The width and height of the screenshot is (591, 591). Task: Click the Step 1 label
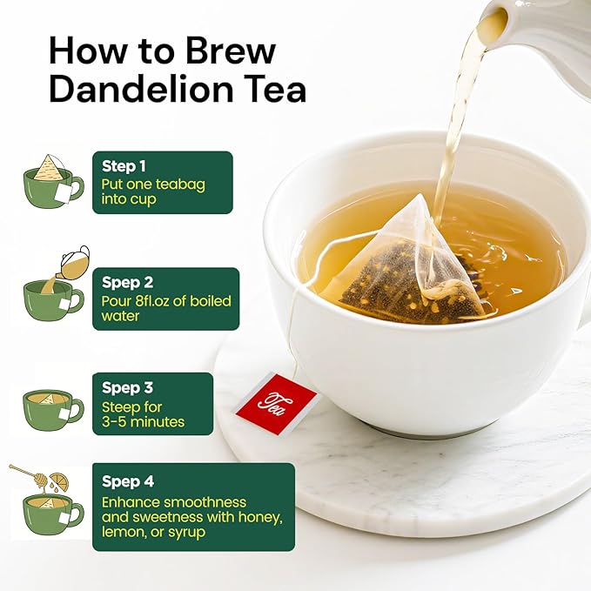(124, 165)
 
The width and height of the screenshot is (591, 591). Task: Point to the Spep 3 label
(127, 386)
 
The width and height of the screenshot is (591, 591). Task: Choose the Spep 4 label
(128, 480)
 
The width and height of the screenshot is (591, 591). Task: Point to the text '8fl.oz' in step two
(158, 301)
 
